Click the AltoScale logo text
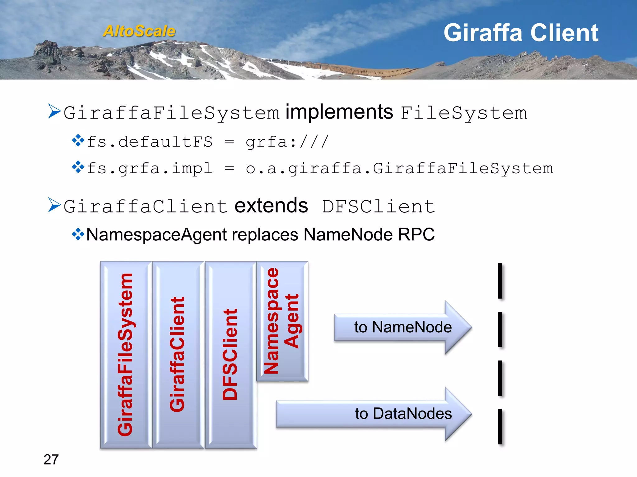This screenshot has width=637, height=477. coord(139,31)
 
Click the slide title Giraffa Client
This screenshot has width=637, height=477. coord(521,33)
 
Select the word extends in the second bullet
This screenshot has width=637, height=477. coord(271,206)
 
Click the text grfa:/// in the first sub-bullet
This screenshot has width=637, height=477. coord(287,142)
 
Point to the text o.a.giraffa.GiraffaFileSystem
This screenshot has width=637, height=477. coord(399,169)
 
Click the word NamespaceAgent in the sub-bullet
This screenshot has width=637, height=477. coord(156,234)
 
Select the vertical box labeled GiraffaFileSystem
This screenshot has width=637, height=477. coord(126,355)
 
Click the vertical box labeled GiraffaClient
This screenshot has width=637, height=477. coord(178,355)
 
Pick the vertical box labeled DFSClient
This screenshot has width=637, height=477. coord(230,355)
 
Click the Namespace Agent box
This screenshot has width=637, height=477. coord(282,321)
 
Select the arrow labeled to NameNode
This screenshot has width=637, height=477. coord(402,327)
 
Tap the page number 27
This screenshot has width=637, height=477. coord(51,460)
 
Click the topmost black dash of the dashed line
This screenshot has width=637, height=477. coord(500,281)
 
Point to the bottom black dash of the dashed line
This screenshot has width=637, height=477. coord(500,426)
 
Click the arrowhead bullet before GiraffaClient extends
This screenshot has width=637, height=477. coord(54,205)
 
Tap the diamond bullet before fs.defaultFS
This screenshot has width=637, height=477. coord(78,141)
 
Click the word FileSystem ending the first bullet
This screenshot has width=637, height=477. coord(463,113)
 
